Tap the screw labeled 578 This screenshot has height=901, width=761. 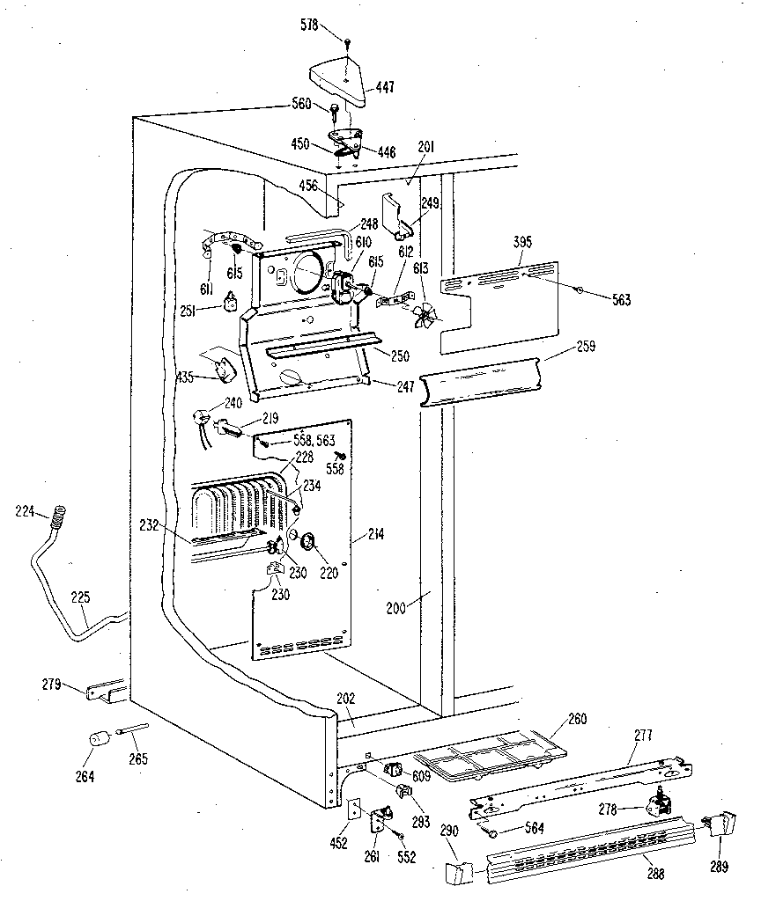[350, 40]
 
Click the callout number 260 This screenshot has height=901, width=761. [576, 720]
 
